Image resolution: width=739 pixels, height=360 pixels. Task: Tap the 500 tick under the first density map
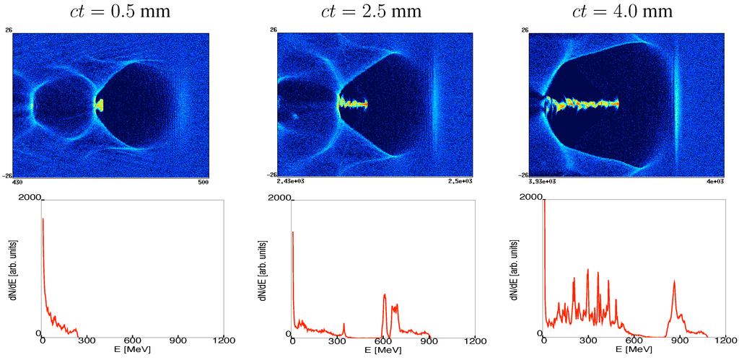(204, 182)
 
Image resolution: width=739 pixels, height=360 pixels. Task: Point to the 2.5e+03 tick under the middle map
(460, 182)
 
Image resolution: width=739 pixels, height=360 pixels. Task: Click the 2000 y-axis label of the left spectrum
(29, 197)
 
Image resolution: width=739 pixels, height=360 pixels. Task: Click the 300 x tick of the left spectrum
(87, 341)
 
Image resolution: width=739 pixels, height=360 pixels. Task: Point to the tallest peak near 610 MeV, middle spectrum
(385, 294)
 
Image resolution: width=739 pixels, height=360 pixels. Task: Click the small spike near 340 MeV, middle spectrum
(344, 324)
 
